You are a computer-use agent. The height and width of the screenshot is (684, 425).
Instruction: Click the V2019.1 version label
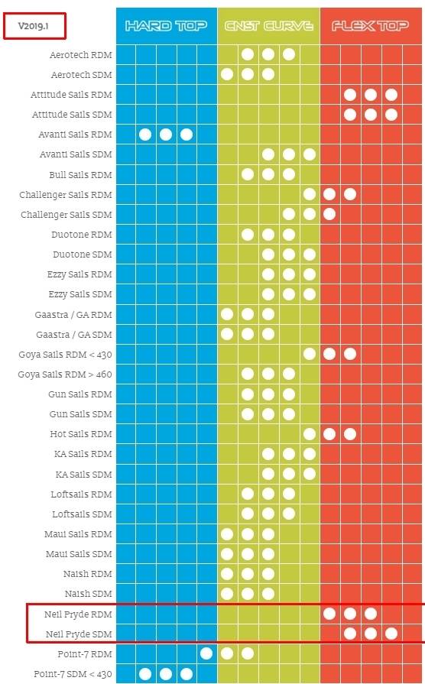33,26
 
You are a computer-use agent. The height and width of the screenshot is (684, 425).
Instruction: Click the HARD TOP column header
166,26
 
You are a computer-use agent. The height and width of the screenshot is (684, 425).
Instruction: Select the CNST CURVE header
269,26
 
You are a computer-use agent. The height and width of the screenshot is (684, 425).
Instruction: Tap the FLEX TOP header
371,26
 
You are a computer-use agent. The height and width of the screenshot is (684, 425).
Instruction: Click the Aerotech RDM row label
81,55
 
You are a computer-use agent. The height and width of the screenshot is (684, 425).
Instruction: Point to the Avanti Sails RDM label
75,135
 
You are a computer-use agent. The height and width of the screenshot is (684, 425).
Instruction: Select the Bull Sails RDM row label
81,174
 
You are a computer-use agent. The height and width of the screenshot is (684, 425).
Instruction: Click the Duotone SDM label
83,254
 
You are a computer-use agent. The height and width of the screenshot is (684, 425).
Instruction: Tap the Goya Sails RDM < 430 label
66,355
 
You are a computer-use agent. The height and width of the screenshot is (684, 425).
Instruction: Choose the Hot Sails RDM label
81,434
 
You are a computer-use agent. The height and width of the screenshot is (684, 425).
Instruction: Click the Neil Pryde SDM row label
79,634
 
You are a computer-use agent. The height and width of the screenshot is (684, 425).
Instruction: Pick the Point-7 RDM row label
85,654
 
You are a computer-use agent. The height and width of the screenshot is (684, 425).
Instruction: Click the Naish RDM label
88,574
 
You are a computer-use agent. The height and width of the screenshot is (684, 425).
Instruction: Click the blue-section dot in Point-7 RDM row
206,653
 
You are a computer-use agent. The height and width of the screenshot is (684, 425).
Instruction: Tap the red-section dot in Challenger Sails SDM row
329,214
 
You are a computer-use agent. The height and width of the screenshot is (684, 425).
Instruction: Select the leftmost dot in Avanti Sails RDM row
145,135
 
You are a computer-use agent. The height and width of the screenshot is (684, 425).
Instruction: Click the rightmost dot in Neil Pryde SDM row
391,634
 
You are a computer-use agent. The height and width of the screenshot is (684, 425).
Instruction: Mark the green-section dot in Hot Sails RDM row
310,433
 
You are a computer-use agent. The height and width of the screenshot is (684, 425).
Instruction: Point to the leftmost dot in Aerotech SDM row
227,74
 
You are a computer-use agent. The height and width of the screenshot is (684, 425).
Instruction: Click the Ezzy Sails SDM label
80,294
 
